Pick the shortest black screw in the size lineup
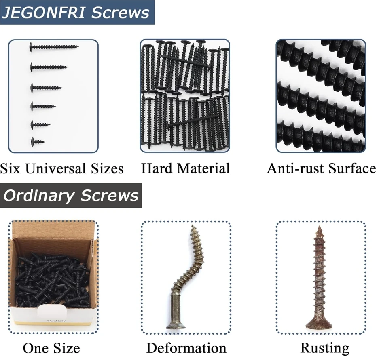(38, 141)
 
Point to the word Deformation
(186, 347)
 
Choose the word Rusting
(325, 347)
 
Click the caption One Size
(51, 347)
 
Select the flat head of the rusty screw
(319, 324)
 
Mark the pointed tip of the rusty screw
(320, 227)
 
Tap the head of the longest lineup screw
(32, 47)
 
